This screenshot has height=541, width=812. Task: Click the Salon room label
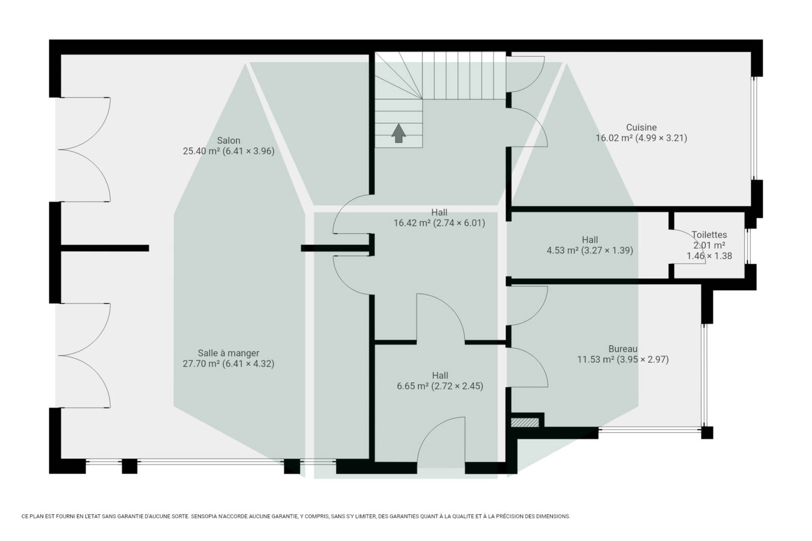(228, 140)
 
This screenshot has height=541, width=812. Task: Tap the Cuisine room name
(641, 127)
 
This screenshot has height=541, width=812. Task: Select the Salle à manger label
(228, 353)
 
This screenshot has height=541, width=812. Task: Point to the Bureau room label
(623, 349)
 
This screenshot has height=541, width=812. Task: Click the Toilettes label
(709, 235)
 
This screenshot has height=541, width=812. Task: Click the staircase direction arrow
(398, 133)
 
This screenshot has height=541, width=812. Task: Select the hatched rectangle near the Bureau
(525, 422)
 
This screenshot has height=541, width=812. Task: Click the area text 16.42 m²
(412, 223)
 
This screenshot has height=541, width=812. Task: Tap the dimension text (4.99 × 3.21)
(662, 138)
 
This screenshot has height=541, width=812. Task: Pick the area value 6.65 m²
(413, 386)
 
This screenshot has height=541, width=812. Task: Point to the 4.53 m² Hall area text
(563, 250)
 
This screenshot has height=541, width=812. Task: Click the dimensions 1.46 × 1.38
(709, 256)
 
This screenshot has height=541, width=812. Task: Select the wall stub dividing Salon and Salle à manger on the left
(105, 248)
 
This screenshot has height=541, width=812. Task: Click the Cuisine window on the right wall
(754, 128)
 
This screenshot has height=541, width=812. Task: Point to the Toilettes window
(747, 246)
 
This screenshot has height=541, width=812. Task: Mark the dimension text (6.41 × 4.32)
(248, 364)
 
